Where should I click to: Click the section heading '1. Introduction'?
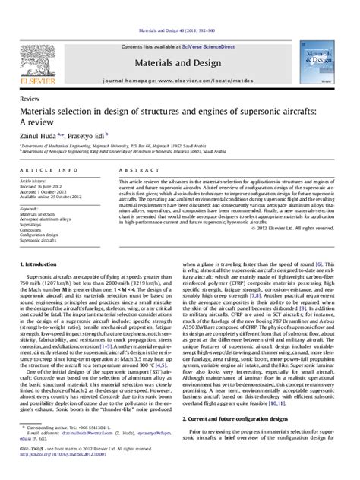point(41,264)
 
